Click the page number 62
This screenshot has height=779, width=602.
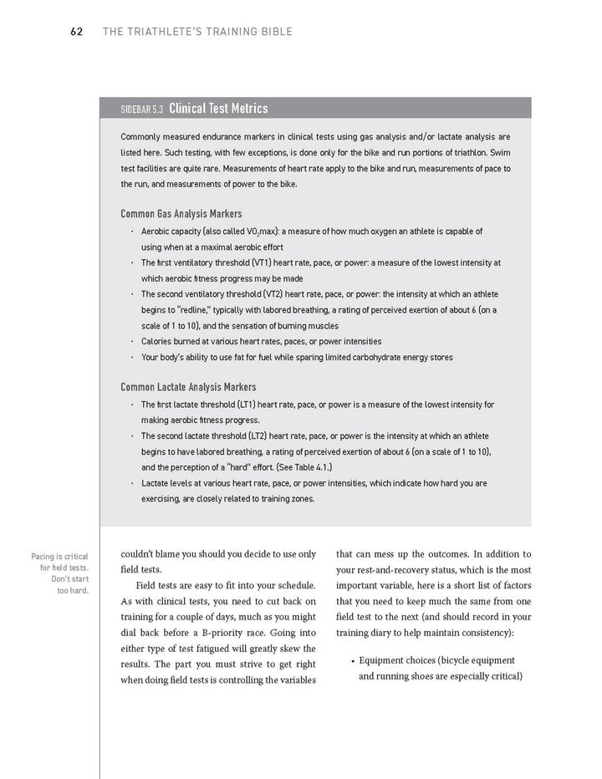76,33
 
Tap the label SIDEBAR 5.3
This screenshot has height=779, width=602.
142,109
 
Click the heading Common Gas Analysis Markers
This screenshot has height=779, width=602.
181,214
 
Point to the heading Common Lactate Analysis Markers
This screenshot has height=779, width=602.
188,387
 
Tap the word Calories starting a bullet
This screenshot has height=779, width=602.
157,342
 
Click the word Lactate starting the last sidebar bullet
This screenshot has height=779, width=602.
156,484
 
